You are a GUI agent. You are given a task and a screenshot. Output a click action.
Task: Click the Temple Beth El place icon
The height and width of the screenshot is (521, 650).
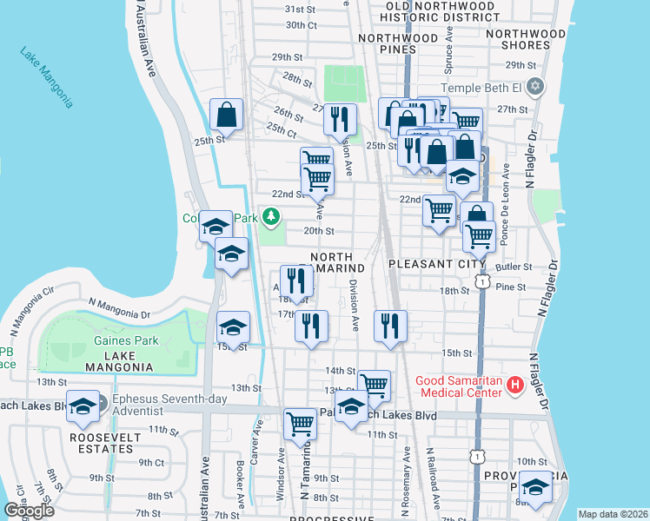coord(535,87)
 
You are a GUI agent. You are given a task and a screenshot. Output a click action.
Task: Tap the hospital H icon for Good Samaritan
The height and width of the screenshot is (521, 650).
coord(515,383)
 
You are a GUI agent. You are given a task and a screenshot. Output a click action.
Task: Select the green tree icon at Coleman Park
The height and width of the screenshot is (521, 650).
coord(273,215)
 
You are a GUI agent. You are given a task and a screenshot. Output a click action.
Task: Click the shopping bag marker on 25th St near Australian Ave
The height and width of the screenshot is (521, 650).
coord(226,115)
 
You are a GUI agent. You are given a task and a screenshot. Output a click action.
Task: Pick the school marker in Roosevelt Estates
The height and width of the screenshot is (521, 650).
coord(83,407)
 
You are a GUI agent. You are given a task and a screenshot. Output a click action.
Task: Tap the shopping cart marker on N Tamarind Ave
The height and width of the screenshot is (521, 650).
coord(300,425)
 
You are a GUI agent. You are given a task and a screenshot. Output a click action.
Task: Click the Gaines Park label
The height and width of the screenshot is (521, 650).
coord(126,340)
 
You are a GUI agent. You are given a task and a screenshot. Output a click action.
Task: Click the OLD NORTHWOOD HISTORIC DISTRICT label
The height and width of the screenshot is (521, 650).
coord(440,12)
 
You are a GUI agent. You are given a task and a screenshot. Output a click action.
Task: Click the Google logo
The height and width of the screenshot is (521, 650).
coord(29,511)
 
